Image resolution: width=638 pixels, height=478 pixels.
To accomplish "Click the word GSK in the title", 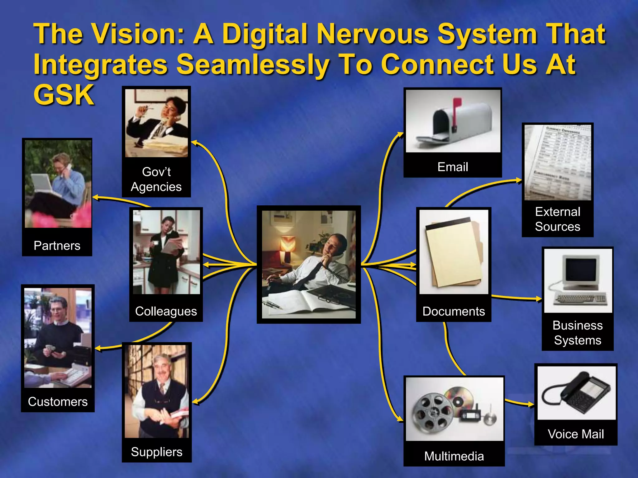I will tap(64, 95).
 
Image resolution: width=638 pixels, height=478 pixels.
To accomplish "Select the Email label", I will tap(453, 167).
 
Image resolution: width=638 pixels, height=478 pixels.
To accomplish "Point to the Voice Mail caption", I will tap(576, 434).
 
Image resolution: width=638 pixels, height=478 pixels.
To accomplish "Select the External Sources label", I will tap(558, 219).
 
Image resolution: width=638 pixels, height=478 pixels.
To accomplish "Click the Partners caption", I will tap(57, 246).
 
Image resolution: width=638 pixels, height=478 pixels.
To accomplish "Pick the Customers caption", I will tap(58, 401).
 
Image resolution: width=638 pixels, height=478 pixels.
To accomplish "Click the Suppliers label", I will tap(157, 452).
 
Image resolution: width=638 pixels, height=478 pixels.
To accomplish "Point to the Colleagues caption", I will tap(166, 311).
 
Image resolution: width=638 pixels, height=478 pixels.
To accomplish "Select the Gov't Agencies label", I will tap(156, 179).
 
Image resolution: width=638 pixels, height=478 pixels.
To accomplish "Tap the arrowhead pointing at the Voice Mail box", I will tap(531, 405).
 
